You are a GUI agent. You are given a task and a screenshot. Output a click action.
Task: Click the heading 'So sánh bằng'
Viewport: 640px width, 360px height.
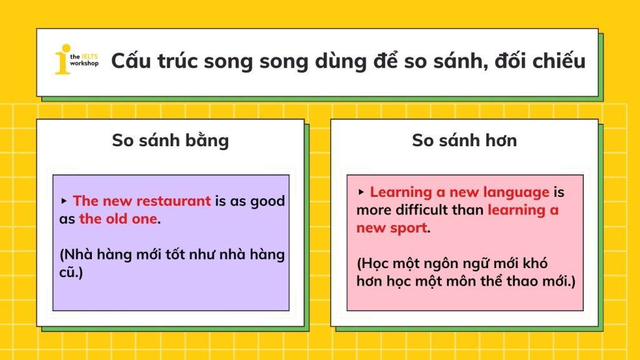tap(170, 141)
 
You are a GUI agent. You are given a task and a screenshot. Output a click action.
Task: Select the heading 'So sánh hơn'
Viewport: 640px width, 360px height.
tap(464, 141)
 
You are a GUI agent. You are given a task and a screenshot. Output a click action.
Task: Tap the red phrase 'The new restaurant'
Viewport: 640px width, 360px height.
tap(142, 201)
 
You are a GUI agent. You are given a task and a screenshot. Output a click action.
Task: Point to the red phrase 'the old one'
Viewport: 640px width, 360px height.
tap(118, 219)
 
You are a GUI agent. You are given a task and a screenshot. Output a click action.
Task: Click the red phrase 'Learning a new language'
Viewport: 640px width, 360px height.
tap(459, 192)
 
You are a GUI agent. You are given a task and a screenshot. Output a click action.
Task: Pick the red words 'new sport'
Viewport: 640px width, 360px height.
tap(392, 227)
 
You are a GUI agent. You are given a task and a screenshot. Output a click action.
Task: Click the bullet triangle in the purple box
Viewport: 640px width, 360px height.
tap(64, 201)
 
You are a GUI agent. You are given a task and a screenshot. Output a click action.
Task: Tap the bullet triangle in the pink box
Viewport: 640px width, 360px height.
tap(361, 192)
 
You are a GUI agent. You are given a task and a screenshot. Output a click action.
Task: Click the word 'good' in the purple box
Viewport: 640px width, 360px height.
tap(267, 201)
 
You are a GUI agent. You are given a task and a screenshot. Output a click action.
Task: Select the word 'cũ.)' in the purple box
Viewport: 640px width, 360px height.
tap(71, 272)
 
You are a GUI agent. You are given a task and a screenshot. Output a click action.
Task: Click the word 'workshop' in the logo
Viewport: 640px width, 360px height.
tap(84, 63)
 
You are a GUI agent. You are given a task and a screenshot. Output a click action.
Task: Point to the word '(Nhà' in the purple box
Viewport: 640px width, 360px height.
tap(76, 255)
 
